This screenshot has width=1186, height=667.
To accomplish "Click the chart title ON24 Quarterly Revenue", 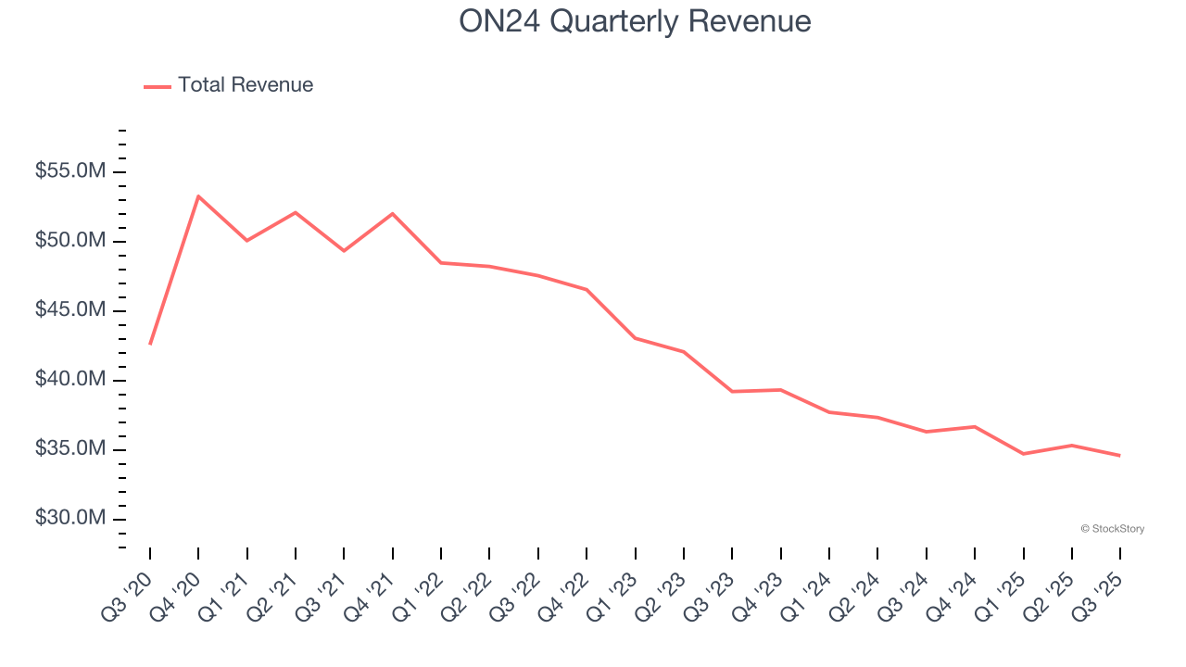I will point(635,21).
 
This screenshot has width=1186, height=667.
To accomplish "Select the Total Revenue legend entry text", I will point(246,85).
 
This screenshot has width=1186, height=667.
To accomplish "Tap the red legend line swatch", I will point(158,86).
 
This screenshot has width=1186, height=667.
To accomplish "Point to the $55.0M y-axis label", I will point(70,172).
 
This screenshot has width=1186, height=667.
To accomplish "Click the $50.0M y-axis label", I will point(70,242).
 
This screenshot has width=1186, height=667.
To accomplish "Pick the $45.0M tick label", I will point(70,310).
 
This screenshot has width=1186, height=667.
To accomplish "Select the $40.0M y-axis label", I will point(70,380).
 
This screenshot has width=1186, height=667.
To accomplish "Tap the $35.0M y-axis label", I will point(70,449).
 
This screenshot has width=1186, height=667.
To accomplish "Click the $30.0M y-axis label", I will point(70,518).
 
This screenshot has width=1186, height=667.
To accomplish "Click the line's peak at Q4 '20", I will point(198,196).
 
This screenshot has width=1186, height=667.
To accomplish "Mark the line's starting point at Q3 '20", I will point(150,344).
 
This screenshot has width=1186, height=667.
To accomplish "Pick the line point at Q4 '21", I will point(393,214).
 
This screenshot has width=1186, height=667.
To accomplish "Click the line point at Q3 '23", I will point(732,391).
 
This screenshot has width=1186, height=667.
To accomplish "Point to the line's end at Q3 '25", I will point(1119,455).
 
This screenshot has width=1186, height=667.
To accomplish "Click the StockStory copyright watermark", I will point(1112,529).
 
